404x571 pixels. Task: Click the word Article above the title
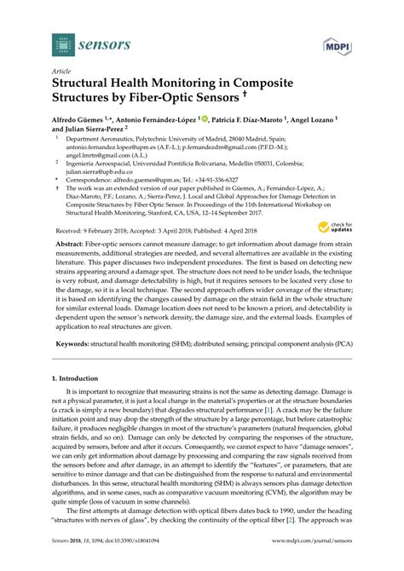(61, 72)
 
